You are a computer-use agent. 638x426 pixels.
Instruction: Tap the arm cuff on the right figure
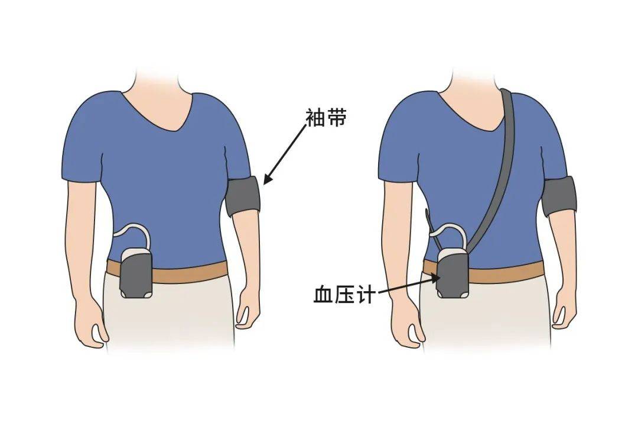559,196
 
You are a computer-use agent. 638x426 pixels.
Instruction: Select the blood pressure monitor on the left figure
136,273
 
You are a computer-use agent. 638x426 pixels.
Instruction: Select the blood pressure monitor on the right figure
453,273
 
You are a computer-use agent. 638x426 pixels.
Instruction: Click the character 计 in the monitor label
364,294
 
